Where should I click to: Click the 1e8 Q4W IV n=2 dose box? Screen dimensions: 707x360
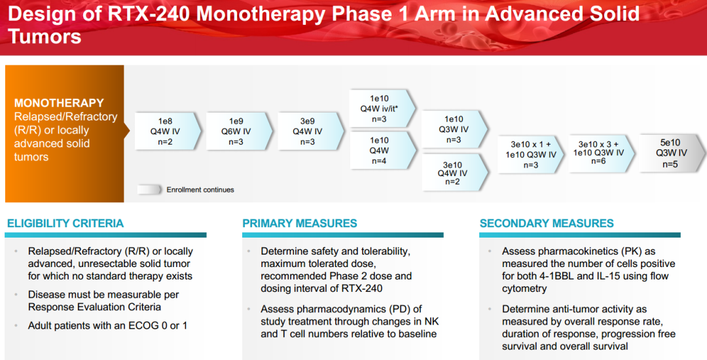coord(168,131)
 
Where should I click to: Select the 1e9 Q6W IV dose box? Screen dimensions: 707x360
coord(239,131)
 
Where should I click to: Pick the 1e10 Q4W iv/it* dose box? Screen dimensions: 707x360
coord(382,109)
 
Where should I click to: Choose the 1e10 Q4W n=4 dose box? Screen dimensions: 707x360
coord(382,151)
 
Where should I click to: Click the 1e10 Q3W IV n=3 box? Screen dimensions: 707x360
coord(454,130)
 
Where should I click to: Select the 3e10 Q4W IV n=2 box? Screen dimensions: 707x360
coord(454,172)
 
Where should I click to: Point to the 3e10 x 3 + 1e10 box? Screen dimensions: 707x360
coord(602,153)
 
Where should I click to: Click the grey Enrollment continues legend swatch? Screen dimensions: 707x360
coord(149,190)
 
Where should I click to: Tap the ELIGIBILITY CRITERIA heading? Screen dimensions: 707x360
coord(65,223)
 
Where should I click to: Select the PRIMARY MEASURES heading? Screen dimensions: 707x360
coord(299,223)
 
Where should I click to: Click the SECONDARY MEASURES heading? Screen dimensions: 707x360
coord(547,223)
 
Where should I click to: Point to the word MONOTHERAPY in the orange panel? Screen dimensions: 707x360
coord(59,103)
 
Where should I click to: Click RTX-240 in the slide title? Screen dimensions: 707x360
coord(149,14)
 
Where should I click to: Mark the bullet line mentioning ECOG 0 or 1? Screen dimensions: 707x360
coord(107,325)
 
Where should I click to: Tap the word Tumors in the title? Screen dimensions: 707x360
coord(45,36)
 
